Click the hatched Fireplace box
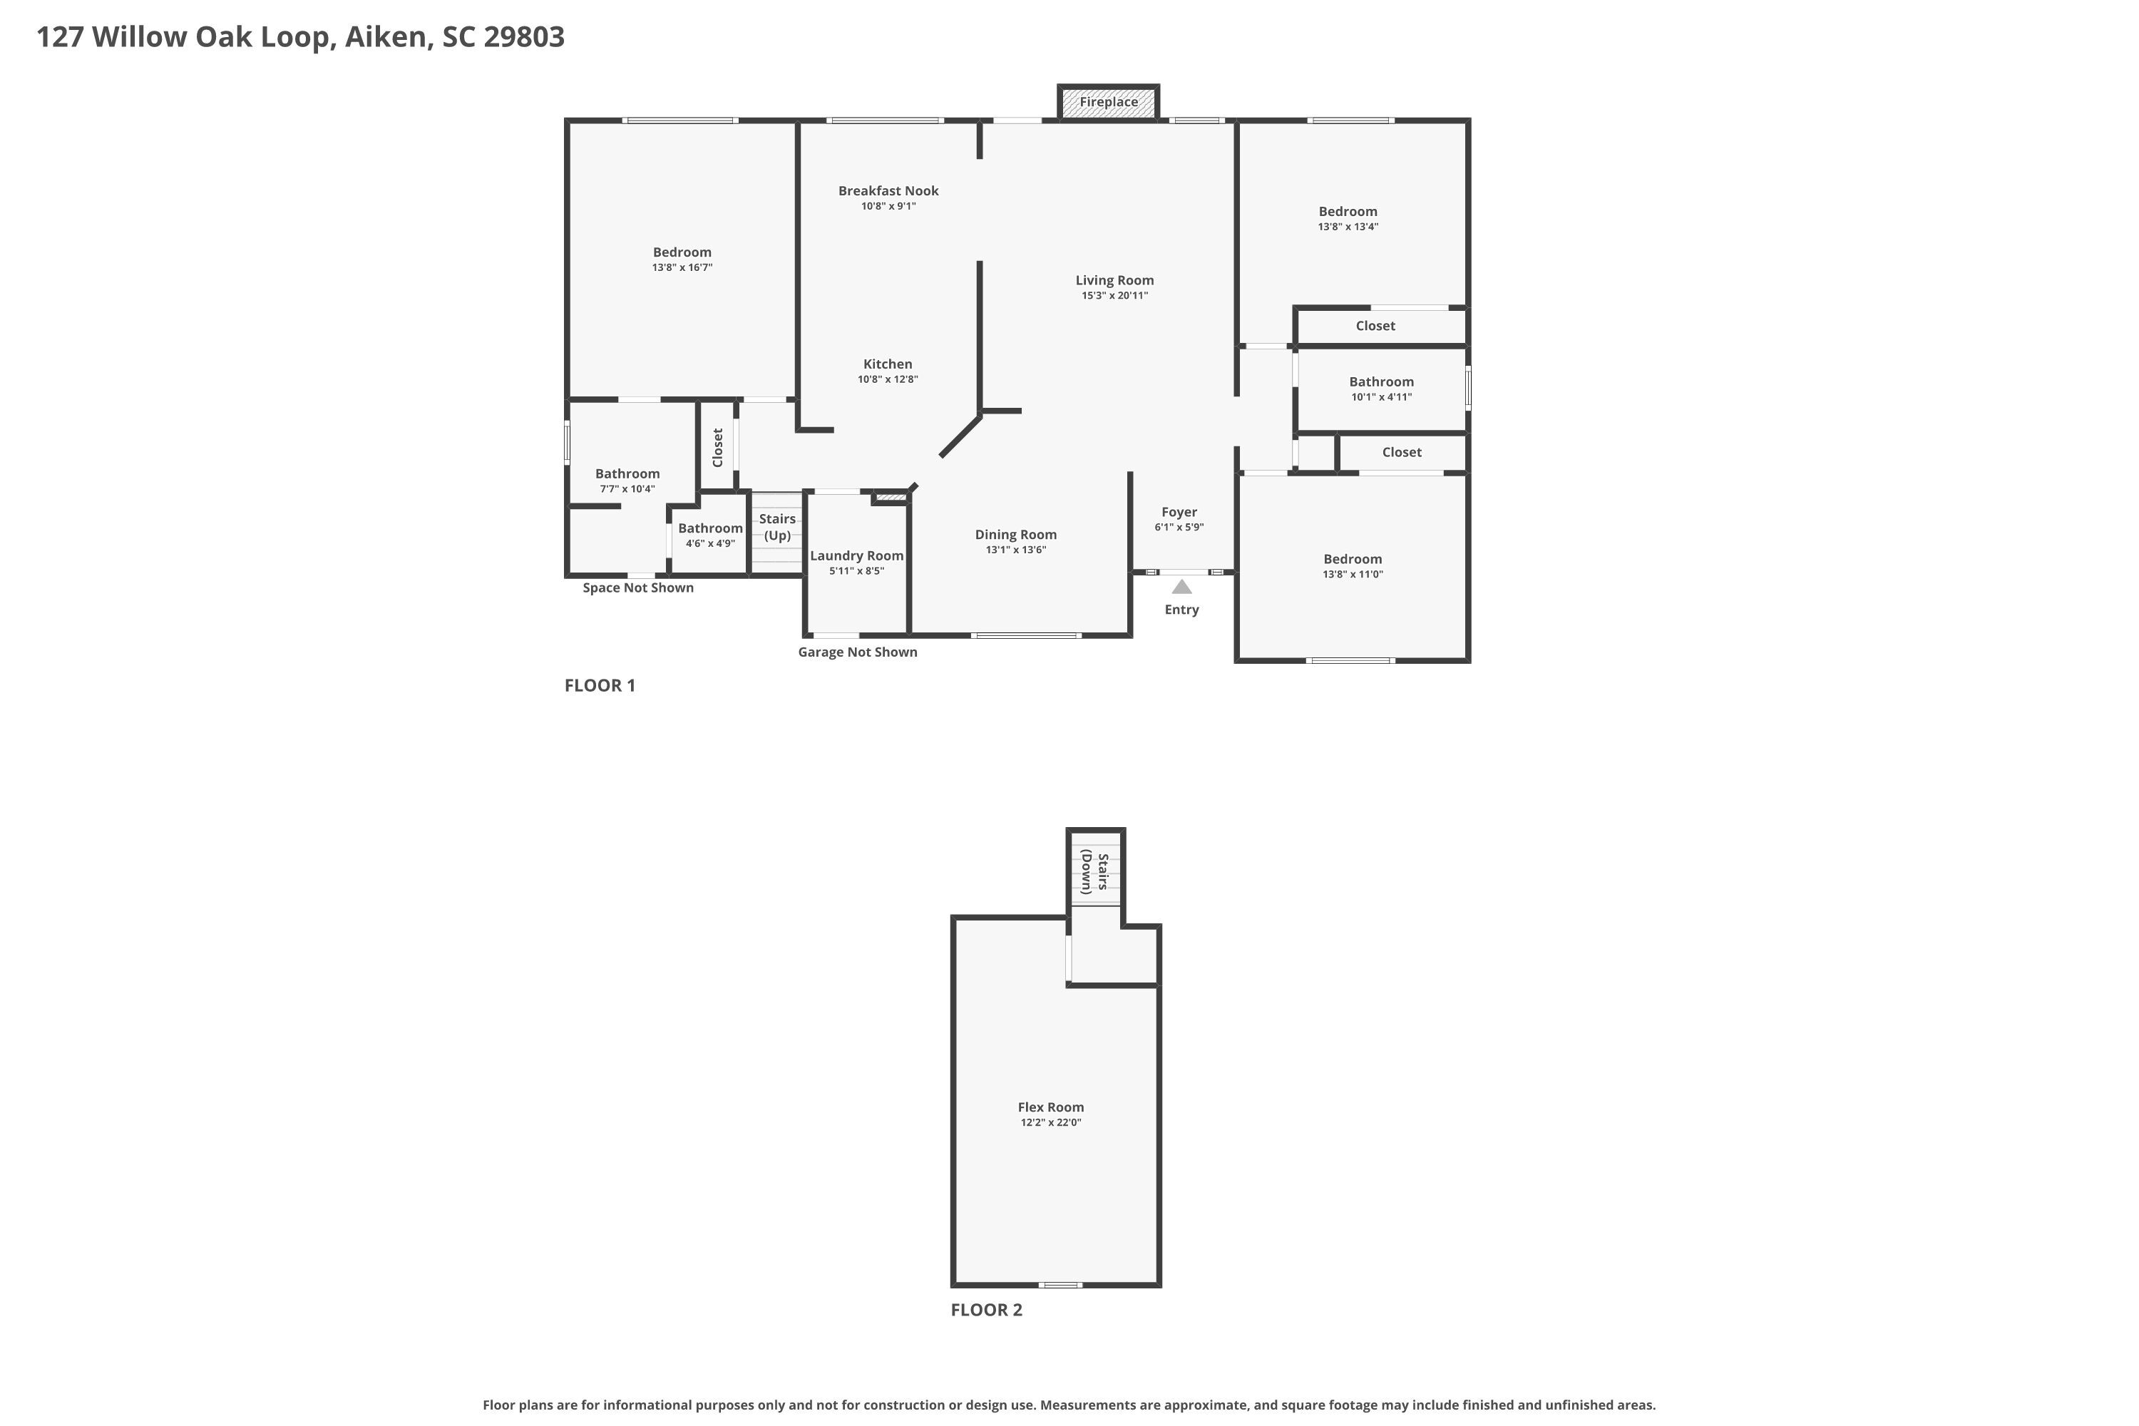[x=1109, y=102]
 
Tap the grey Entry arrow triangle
[x=1181, y=588]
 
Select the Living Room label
[x=1114, y=280]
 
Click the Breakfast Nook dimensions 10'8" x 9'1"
[x=888, y=207]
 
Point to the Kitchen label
[x=888, y=364]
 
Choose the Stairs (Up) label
[x=778, y=527]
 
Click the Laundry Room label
[x=857, y=555]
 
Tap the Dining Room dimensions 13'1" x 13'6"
[x=1016, y=550]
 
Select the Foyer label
[x=1179, y=512]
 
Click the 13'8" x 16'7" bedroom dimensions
[x=682, y=268]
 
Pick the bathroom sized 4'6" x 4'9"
[x=710, y=535]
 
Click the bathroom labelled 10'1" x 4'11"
[x=1382, y=389]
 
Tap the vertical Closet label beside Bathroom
[x=717, y=448]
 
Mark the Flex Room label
[x=1050, y=1107]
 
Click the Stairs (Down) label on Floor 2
[x=1094, y=873]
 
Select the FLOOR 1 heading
[x=600, y=686]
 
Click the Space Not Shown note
[x=637, y=588]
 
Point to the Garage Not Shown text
[x=858, y=652]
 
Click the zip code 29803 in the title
[x=524, y=36]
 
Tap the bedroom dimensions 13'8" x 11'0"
[x=1353, y=575]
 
